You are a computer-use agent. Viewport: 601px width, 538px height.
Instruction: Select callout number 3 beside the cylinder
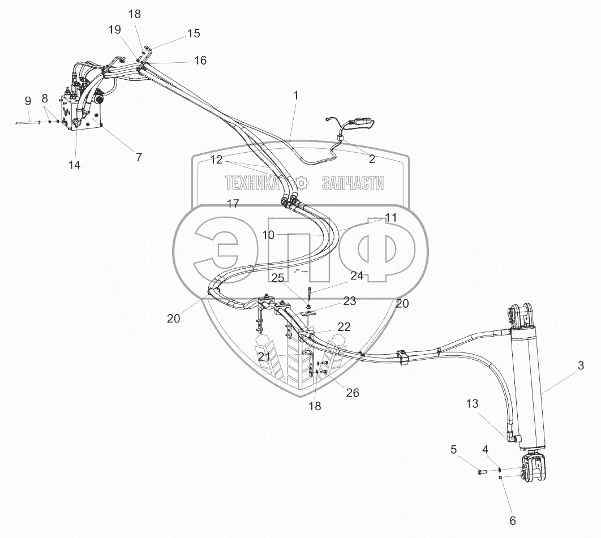click(x=580, y=365)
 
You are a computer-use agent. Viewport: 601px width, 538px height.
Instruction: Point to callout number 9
click(x=28, y=101)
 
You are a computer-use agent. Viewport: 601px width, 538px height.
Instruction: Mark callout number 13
click(x=473, y=403)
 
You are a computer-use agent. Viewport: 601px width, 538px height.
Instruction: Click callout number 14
click(x=74, y=165)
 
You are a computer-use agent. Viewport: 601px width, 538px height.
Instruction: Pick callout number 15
click(x=193, y=34)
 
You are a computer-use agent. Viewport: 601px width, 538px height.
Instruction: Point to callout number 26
click(x=351, y=393)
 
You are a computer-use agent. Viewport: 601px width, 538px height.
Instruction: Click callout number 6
click(x=513, y=520)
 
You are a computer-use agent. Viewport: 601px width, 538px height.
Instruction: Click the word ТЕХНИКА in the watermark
click(x=252, y=183)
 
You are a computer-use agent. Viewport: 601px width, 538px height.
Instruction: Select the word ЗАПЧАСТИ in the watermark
click(x=353, y=183)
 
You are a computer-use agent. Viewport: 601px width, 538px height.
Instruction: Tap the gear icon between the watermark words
click(x=300, y=183)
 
